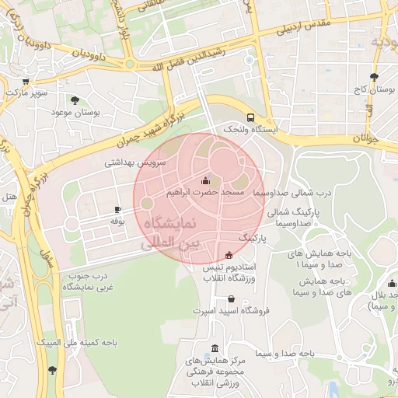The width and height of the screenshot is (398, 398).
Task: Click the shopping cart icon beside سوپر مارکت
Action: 26,81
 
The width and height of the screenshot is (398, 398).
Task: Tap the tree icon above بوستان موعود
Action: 75,100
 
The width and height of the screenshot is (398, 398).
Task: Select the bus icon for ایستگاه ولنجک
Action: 250,117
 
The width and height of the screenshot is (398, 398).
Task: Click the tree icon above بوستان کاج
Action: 375,77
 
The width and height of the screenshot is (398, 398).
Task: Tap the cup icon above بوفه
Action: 117,209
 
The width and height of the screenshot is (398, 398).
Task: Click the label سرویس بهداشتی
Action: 136,163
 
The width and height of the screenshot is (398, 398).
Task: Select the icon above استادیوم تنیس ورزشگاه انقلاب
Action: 229,255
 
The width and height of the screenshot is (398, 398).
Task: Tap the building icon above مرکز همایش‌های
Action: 215,349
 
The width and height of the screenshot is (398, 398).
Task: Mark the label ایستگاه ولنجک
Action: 250,130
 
